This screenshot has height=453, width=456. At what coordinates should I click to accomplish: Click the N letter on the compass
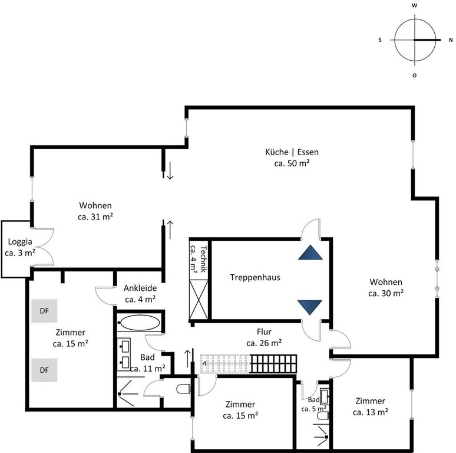tap(451, 40)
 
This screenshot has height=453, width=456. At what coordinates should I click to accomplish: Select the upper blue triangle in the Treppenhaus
tap(310, 252)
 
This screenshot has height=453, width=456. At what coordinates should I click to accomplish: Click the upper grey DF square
tap(44, 311)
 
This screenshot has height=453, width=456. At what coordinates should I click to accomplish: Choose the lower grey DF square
tap(44, 370)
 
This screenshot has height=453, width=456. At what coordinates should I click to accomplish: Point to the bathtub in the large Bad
tap(140, 323)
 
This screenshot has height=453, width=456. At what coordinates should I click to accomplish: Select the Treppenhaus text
tap(255, 277)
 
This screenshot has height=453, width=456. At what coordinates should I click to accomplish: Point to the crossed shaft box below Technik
tap(199, 300)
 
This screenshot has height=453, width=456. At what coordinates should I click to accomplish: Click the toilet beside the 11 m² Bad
tap(183, 389)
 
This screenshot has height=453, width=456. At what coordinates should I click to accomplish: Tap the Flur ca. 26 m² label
tap(264, 337)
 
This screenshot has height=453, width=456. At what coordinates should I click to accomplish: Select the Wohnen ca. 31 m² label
tap(95, 211)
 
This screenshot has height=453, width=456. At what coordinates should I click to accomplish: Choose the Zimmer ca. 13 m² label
tap(370, 407)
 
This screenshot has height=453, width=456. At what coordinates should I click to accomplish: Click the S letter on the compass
tap(380, 40)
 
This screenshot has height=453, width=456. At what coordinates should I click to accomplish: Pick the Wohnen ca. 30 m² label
tap(386, 288)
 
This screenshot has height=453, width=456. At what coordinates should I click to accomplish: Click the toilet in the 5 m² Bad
tap(323, 415)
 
